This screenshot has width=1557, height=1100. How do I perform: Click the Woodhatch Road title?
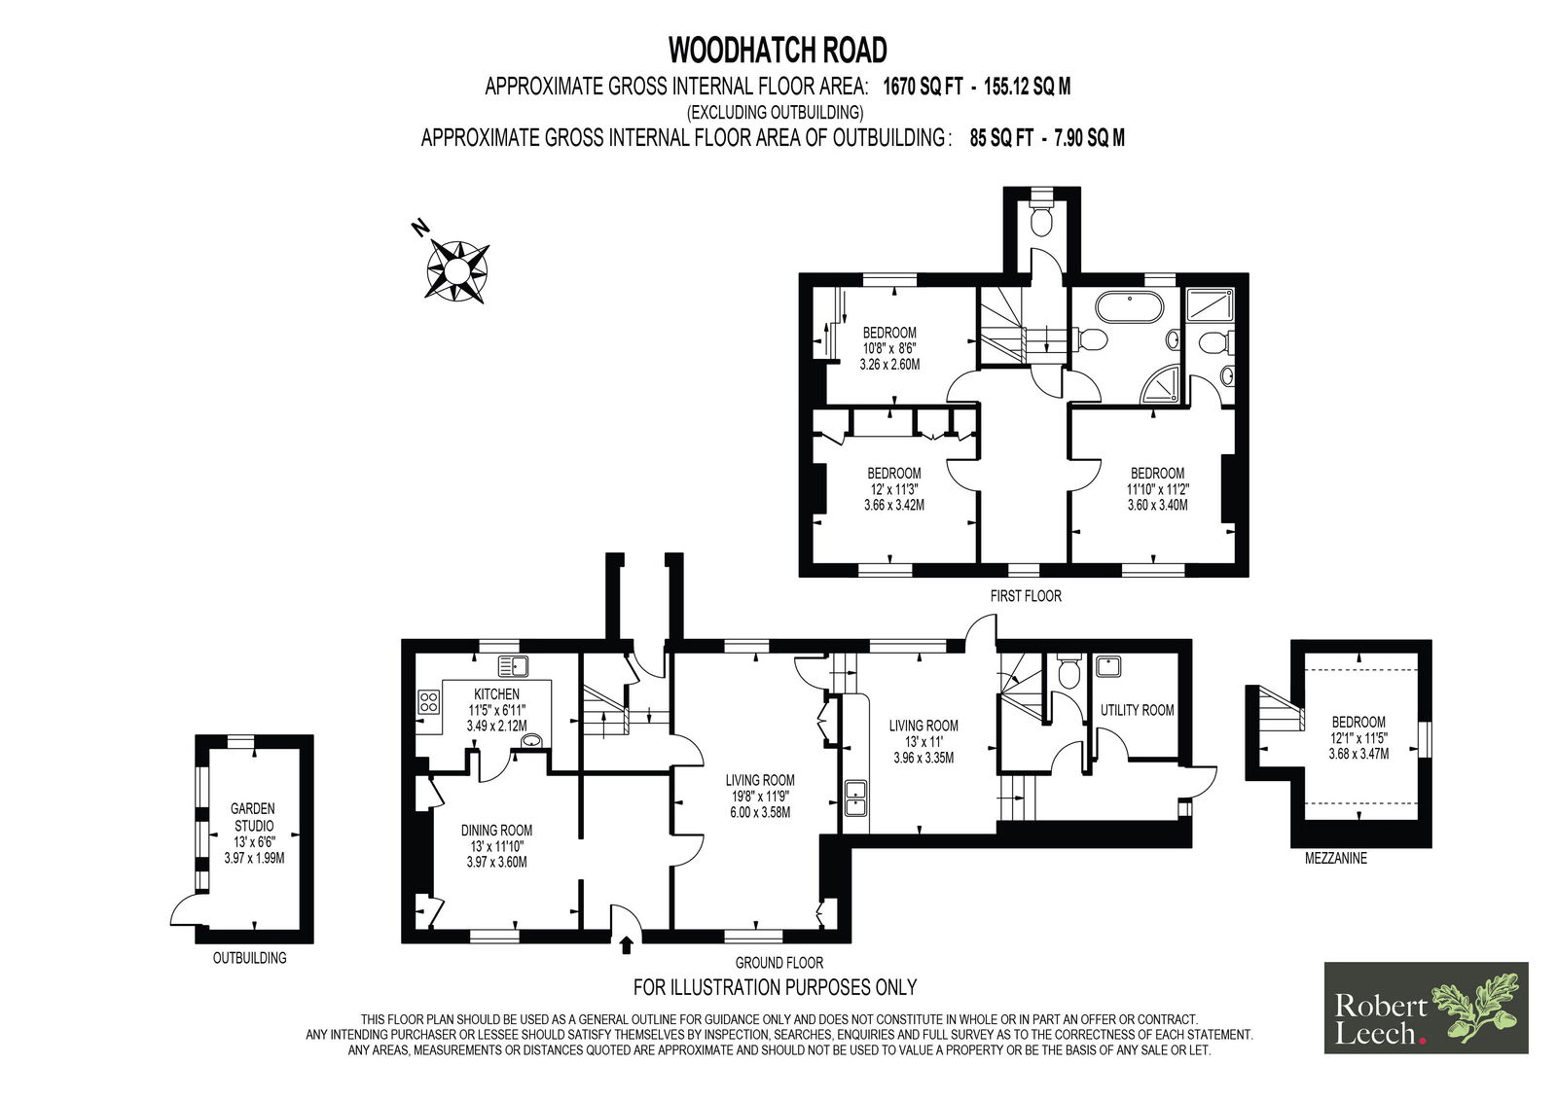point(778,50)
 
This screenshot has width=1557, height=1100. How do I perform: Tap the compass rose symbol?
point(456,269)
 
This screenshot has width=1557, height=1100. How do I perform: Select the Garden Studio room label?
point(253,816)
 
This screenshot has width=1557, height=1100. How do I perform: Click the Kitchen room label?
point(496,693)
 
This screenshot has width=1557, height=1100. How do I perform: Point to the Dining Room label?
point(496,830)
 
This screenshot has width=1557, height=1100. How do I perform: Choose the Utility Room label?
point(1137,709)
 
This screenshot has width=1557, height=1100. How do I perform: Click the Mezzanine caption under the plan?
point(1335,858)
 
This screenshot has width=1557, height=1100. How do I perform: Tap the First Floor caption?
point(1026,595)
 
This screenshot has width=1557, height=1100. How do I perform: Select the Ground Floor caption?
point(778,963)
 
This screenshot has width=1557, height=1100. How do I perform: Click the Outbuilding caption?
point(249,958)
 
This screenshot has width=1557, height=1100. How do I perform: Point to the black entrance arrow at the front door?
point(626,944)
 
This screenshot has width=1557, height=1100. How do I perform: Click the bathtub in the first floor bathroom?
point(1129,306)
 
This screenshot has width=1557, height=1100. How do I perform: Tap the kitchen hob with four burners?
point(428,701)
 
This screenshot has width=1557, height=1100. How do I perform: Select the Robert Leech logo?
point(1427,1007)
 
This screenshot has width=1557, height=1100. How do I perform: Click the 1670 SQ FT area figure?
point(923,87)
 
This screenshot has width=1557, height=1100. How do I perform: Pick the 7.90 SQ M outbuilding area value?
point(1089,138)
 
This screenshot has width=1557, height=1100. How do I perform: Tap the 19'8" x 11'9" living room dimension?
point(760,797)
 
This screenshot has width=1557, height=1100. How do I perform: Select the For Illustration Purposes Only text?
point(775,987)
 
